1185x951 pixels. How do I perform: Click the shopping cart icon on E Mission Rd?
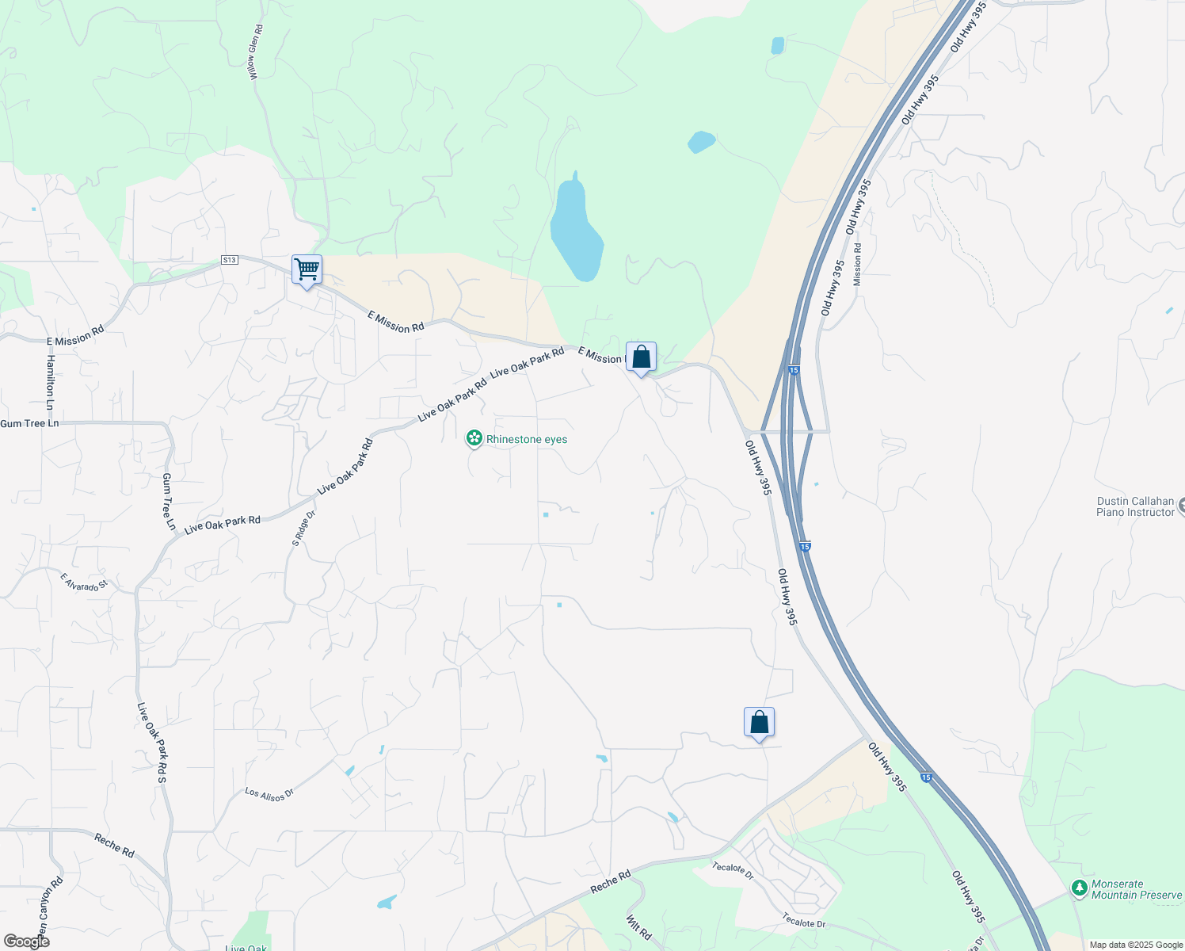click(x=307, y=269)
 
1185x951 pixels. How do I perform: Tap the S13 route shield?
click(x=229, y=260)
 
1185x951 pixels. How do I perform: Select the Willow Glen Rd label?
click(x=255, y=52)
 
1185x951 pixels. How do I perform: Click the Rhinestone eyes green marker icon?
click(x=474, y=438)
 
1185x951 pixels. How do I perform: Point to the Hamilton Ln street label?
click(x=51, y=381)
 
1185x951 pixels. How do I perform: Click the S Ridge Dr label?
click(x=303, y=528)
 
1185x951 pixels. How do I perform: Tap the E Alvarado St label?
click(x=84, y=582)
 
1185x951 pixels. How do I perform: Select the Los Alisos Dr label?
click(x=269, y=794)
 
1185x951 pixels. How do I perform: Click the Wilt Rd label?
click(x=638, y=928)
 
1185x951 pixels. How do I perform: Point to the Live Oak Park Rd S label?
click(x=151, y=743)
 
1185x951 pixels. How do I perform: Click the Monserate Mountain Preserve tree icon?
click(x=1079, y=888)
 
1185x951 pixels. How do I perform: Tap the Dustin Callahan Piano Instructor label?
click(x=1135, y=506)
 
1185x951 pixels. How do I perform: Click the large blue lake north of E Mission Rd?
click(x=577, y=230)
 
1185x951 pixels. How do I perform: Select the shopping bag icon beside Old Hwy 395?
click(x=759, y=722)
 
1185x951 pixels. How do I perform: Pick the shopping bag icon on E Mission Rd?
click(x=641, y=357)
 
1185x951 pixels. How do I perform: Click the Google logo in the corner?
click(x=26, y=941)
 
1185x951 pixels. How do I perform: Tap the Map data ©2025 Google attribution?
click(x=1136, y=945)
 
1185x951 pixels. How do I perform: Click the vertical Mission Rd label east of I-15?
click(x=857, y=265)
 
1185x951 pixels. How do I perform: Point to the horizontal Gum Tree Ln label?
click(x=30, y=423)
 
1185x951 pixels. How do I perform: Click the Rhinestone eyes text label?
click(x=527, y=439)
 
